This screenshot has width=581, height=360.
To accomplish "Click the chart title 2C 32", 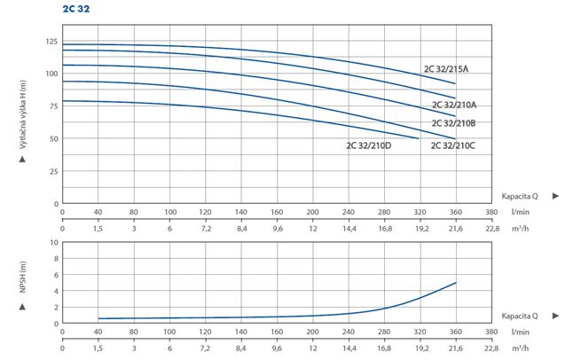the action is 76,9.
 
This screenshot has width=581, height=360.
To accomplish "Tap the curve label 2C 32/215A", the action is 446,69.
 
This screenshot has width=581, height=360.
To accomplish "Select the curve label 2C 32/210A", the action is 454,105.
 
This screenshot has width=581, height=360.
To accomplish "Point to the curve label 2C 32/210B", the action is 453,123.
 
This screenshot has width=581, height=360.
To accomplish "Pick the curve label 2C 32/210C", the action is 452,145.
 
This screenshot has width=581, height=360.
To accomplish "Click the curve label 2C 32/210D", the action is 369,145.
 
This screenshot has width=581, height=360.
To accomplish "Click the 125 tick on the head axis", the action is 51,42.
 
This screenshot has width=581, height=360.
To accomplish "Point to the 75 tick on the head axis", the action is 54,106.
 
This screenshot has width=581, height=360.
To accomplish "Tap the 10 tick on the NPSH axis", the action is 54,243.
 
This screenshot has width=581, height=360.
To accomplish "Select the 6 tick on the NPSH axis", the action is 56,275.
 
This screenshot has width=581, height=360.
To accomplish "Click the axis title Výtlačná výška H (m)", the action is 23,114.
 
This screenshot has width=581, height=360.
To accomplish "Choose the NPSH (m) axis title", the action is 23,277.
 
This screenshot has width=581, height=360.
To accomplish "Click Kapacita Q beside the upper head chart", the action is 520,196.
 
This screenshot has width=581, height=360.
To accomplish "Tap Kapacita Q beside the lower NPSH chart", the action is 520,316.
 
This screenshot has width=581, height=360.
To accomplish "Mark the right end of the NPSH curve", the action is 456,283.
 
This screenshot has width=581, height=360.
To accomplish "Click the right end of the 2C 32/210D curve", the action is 419,138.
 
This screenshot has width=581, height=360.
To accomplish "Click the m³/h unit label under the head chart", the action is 520,228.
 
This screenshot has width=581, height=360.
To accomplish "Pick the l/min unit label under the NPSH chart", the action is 520,332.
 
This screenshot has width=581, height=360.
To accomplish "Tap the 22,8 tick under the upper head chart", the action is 491,229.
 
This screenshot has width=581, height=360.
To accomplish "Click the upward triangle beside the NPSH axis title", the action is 22,307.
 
